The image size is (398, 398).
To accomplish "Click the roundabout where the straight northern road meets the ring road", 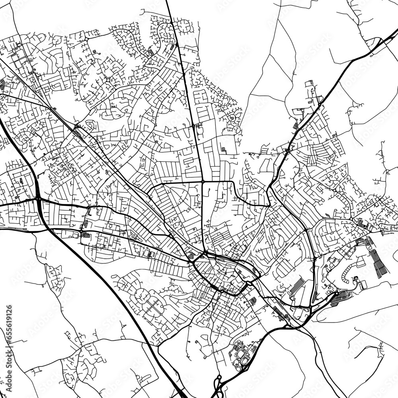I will pos(203,181).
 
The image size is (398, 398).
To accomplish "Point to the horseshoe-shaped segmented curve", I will pos(350,275).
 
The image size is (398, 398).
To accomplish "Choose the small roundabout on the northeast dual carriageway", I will pos(319,105).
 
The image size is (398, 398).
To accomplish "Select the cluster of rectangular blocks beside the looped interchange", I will pos(239,352).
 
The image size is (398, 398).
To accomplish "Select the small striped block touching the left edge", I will pos(2,84).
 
